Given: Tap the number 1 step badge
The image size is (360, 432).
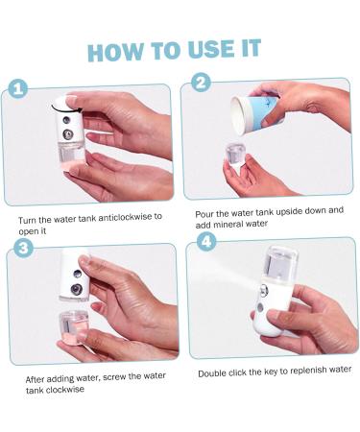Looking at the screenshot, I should (x=16, y=89).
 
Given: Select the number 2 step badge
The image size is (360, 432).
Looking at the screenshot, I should (x=201, y=83).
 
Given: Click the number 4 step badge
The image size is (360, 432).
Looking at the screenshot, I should (x=206, y=242).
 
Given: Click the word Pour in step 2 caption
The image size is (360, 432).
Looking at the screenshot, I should (x=204, y=211).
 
